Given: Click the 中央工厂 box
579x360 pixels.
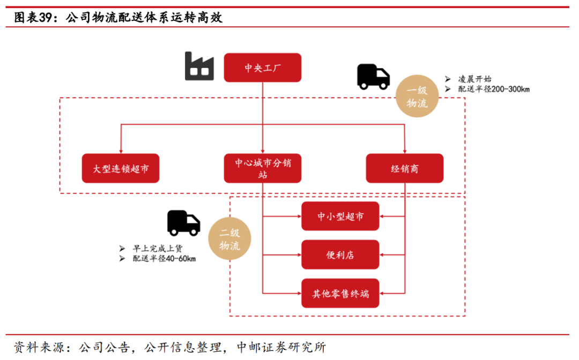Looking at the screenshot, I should click(x=262, y=67).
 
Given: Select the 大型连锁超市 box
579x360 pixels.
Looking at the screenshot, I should click(x=121, y=168).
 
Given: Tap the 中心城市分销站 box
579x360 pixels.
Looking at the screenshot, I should click(x=262, y=168).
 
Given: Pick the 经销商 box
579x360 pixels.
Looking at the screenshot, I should click(x=404, y=168).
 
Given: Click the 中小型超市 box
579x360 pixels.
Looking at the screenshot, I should click(x=340, y=216).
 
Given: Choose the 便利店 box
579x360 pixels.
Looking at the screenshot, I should click(x=340, y=254).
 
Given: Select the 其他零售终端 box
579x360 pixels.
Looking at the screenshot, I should click(x=340, y=293).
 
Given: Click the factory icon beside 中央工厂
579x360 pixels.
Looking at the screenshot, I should click(x=199, y=66).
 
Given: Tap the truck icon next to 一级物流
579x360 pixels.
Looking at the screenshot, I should click(x=373, y=77).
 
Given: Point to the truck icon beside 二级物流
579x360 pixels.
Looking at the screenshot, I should click(x=183, y=223).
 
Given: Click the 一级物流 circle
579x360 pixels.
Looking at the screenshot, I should click(x=417, y=97).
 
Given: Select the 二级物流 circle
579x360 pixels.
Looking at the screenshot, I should click(x=229, y=239).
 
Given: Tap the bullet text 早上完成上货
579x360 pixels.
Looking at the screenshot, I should click(x=158, y=249).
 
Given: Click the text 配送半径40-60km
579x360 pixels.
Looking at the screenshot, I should click(x=164, y=259).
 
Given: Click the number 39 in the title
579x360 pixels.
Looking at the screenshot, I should click(x=47, y=18).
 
